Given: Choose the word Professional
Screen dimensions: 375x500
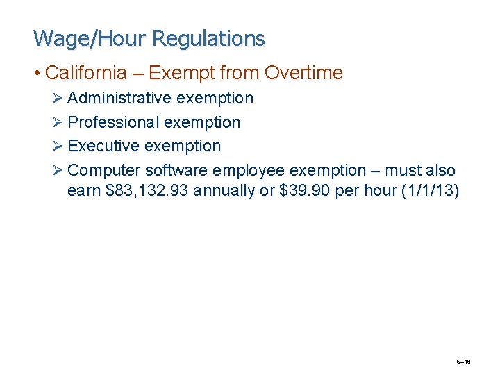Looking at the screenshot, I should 114,123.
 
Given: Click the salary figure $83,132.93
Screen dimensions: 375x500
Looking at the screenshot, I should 146,191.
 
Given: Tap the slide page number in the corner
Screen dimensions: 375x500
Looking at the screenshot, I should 463,361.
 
